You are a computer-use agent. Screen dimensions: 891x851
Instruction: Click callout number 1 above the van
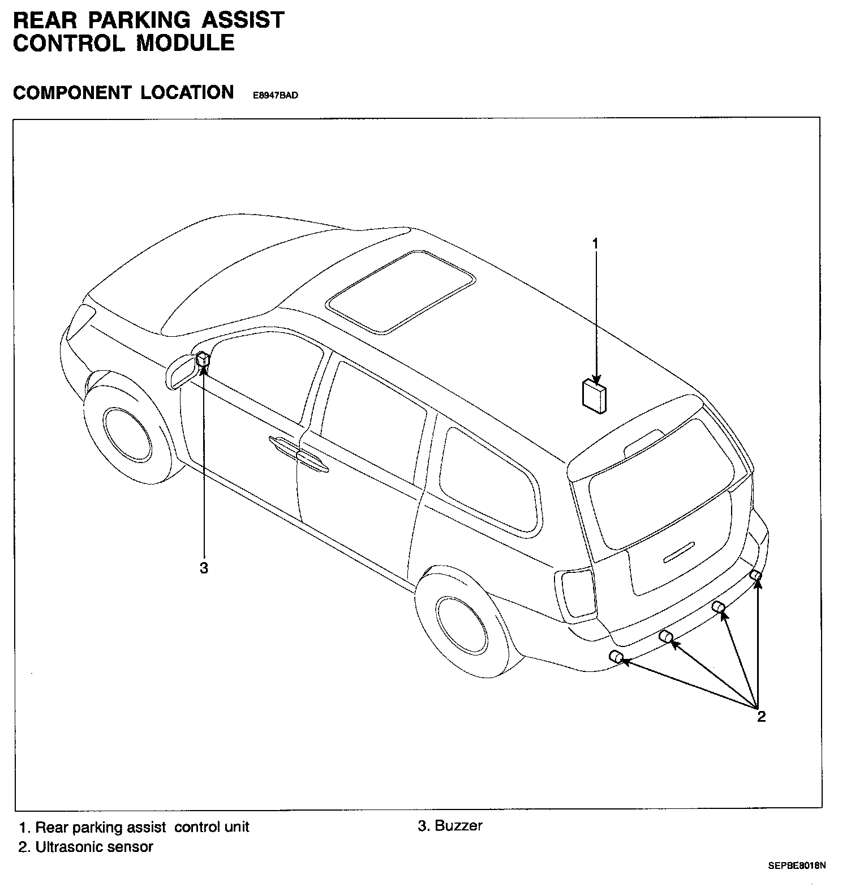tap(595, 244)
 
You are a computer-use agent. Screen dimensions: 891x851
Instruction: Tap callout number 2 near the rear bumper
tap(762, 717)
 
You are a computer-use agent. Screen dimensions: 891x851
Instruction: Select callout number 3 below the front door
tap(204, 568)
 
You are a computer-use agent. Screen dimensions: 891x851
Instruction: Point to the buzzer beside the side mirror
tap(203, 360)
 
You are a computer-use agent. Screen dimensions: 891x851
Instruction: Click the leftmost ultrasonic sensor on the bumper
tap(616, 657)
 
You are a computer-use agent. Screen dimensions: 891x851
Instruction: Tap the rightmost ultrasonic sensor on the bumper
tap(755, 576)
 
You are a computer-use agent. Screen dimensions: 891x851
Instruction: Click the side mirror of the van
tap(183, 371)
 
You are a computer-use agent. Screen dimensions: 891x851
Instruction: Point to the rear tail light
tap(577, 596)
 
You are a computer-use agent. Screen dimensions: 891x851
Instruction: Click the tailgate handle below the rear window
tap(678, 552)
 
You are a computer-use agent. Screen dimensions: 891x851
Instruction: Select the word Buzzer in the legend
tap(458, 825)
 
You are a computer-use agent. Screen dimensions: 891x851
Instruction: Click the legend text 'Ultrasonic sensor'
tap(94, 847)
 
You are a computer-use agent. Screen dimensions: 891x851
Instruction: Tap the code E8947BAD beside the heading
tap(275, 96)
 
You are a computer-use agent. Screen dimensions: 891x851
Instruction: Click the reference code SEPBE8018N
tap(797, 866)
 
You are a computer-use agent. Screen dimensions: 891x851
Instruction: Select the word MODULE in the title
tap(185, 44)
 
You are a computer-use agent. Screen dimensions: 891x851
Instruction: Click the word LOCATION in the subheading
tap(187, 92)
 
